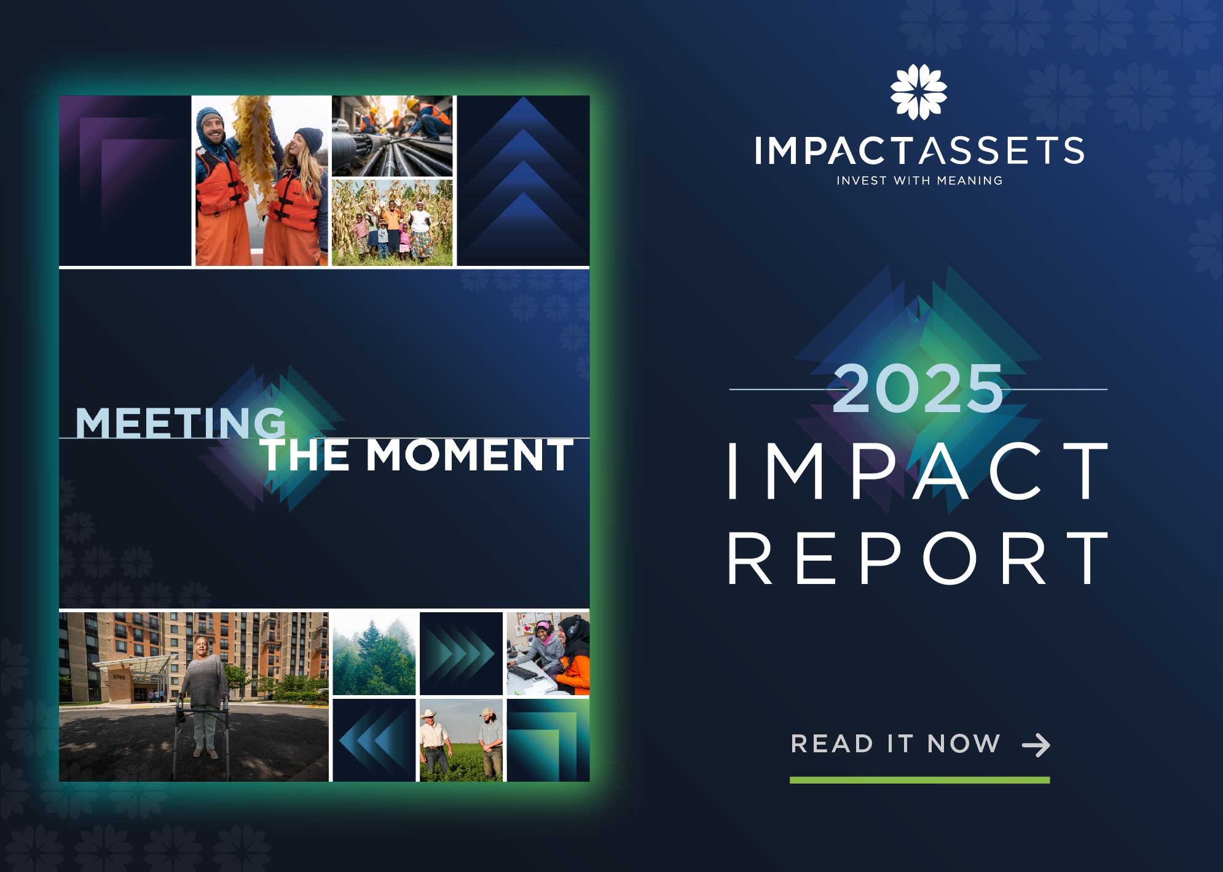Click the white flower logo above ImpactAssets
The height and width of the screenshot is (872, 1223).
pos(918,92)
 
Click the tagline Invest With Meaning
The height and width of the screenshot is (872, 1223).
pos(919,181)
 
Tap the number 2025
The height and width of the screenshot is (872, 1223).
pos(918,388)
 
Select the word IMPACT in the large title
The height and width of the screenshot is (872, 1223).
pos(918,470)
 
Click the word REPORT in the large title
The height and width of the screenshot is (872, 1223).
pos(918,559)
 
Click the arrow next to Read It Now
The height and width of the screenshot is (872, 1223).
pos(1036,745)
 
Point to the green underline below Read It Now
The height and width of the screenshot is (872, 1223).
pos(919,780)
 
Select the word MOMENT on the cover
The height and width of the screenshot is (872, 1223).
pos(470,456)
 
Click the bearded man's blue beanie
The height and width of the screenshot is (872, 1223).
pos(209,117)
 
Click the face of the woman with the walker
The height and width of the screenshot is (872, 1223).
pos(202,646)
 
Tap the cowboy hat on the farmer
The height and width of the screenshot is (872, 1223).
pos(429,715)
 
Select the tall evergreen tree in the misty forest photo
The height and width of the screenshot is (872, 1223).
pos(373,651)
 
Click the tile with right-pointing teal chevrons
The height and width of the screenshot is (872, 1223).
pos(461,653)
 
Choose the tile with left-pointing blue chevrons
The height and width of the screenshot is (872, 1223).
pos(374,741)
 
